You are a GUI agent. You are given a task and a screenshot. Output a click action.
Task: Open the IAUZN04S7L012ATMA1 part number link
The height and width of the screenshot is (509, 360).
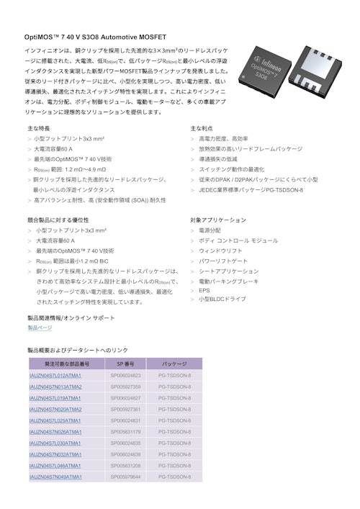click(55, 375)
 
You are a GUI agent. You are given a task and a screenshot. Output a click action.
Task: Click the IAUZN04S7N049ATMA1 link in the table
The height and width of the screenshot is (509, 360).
click(55, 477)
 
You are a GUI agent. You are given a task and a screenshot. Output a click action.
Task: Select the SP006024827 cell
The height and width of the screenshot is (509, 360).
click(125, 397)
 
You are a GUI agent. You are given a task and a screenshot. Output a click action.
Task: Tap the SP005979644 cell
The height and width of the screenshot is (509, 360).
click(125, 477)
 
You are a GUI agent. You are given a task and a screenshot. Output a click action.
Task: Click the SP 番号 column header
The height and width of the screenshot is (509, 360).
click(125, 364)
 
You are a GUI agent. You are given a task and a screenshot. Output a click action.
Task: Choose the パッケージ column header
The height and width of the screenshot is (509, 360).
click(174, 364)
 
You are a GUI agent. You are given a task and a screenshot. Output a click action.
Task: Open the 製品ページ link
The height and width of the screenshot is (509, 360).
click(40, 328)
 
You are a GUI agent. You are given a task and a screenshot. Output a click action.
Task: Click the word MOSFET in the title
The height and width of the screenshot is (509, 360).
click(152, 36)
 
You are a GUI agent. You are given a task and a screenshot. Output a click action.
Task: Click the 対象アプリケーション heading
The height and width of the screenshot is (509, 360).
click(218, 220)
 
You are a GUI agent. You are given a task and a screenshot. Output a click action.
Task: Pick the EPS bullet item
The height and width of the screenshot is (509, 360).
click(204, 291)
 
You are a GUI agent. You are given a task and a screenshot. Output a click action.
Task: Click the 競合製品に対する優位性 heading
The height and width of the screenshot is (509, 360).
click(58, 220)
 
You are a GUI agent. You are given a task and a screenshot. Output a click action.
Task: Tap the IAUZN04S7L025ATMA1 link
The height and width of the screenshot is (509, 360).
click(55, 420)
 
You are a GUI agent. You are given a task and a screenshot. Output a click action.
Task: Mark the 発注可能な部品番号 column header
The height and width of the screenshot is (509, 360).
click(67, 364)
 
